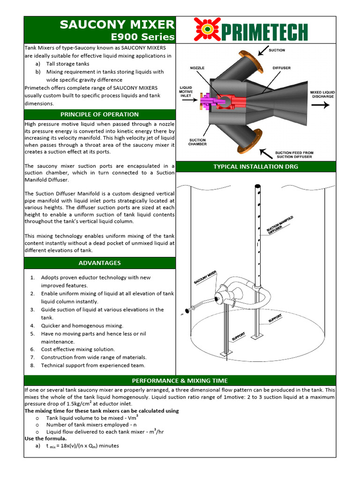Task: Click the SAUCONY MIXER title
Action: tap(117, 25)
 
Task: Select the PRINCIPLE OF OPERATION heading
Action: tap(99, 114)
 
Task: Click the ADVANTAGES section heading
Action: tap(99, 263)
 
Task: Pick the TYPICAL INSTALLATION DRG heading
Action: tap(255, 166)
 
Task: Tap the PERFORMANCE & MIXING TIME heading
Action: tap(180, 381)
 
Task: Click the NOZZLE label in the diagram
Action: tap(197, 68)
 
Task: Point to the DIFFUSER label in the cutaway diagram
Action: tap(281, 68)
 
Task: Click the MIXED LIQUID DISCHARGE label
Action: tap(322, 94)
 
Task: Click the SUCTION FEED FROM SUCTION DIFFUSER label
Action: tap(294, 155)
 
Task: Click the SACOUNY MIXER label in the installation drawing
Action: tap(205, 277)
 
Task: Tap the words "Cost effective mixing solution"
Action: tap(78, 349)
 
